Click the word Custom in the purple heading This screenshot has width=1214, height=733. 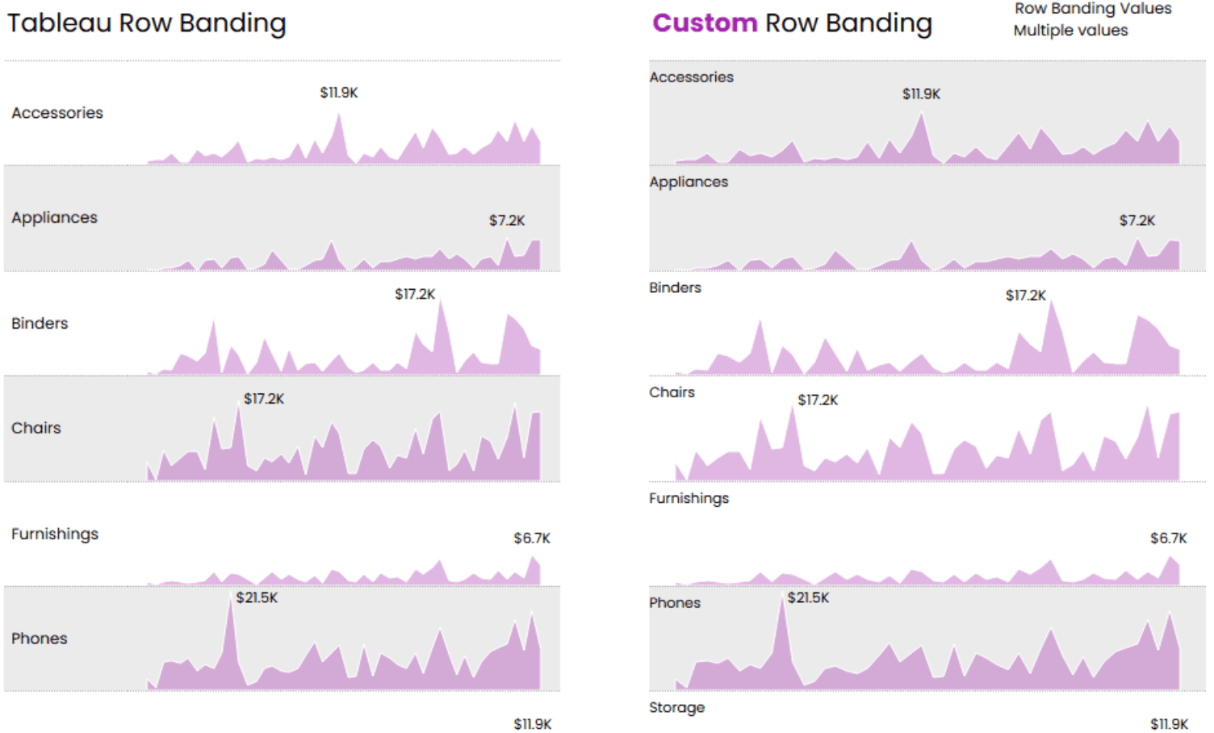[x=704, y=23]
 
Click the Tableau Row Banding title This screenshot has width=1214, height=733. [x=146, y=23]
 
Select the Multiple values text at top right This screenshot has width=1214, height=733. [x=1070, y=31]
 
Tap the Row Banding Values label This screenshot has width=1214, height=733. [x=1092, y=9]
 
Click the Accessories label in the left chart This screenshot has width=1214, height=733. [x=57, y=113]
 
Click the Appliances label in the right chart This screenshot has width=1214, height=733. [x=689, y=182]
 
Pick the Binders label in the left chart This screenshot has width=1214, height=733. [x=40, y=324]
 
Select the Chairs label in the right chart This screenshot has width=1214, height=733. [x=672, y=392]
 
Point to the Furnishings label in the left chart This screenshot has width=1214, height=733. [x=55, y=534]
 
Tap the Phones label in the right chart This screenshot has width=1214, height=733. [x=675, y=603]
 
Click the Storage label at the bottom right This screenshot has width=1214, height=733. [x=676, y=708]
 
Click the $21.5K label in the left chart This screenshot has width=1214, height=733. [x=257, y=598]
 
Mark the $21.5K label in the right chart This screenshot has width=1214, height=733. [x=808, y=598]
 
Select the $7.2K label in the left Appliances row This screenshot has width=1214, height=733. [x=507, y=220]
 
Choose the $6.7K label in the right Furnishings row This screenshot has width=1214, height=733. [x=1168, y=538]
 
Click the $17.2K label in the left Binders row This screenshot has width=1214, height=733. [x=415, y=295]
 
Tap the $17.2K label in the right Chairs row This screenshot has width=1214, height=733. [x=818, y=400]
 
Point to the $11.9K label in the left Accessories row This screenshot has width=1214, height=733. [x=339, y=93]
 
